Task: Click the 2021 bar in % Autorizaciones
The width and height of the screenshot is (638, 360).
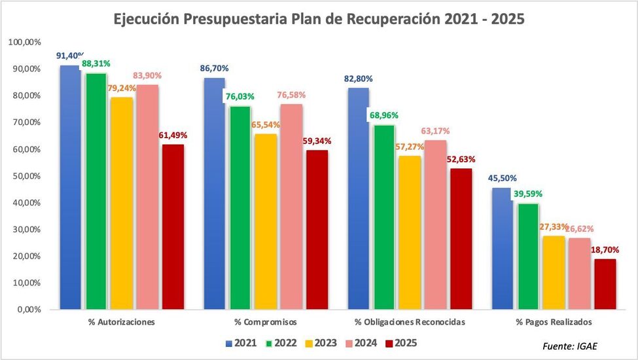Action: pos(69,187)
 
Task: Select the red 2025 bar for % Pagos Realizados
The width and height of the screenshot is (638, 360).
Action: pos(605,283)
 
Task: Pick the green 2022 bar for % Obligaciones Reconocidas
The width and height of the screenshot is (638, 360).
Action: pos(383,217)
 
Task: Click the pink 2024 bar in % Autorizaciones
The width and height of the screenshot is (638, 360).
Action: pos(147,196)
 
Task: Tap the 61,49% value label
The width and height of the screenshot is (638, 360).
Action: pos(173,135)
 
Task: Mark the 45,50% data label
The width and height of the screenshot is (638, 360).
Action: pos(501,177)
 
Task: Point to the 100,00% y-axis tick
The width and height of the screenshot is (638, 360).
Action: pos(24,42)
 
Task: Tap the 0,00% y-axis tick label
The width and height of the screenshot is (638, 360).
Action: pos(28,310)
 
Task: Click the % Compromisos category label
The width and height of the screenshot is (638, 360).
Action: pos(266,322)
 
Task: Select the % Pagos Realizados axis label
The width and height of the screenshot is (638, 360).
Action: pos(554,322)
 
